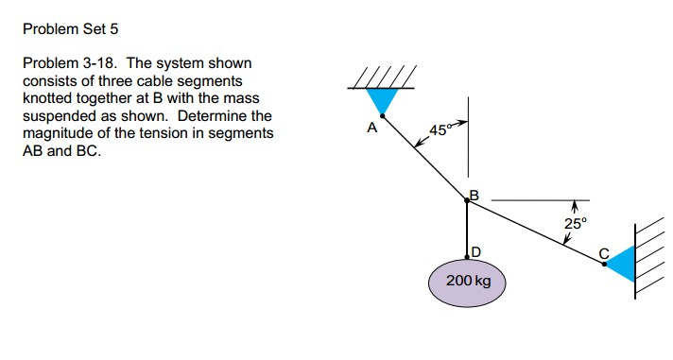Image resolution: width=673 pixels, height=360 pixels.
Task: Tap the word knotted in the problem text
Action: (x=47, y=98)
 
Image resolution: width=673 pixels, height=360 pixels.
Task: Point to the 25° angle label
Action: (x=575, y=223)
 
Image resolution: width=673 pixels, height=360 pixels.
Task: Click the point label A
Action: (x=371, y=126)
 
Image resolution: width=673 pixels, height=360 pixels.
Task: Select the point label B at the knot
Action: (x=475, y=196)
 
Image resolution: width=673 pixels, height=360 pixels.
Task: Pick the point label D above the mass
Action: (x=475, y=251)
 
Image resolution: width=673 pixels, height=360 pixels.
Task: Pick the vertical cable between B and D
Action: (x=468, y=227)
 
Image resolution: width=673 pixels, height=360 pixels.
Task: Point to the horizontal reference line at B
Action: (x=539, y=200)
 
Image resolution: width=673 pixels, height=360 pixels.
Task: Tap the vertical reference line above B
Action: (x=468, y=142)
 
